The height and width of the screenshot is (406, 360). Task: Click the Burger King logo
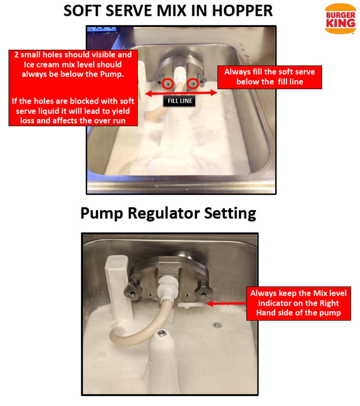tap(340, 19)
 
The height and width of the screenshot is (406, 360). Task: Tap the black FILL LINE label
tap(180, 101)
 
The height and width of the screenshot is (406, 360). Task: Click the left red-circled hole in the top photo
tap(168, 83)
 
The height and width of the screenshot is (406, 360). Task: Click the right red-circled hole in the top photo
tap(193, 83)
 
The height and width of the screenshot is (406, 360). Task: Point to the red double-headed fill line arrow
tap(181, 93)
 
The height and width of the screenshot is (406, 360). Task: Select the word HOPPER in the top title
tap(242, 11)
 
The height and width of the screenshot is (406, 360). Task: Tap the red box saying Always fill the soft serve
tap(270, 77)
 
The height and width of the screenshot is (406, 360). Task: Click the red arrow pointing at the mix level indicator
tap(226, 303)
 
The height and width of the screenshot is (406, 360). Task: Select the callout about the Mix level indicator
tap(299, 303)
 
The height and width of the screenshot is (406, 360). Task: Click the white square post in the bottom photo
tap(118, 287)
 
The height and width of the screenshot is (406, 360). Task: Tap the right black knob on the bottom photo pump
tap(203, 290)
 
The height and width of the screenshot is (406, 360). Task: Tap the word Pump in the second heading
tap(102, 214)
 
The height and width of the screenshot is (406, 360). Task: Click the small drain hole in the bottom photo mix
tap(217, 325)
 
